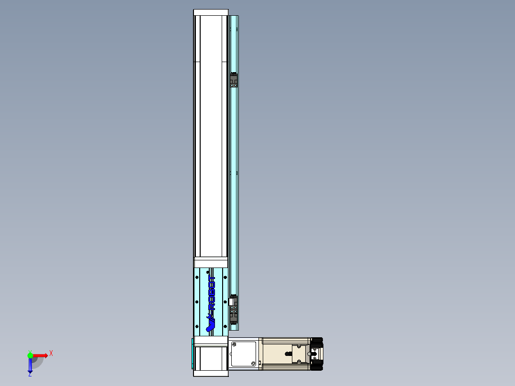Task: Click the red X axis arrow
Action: tap(40, 355)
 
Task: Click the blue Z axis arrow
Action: tap(30, 365)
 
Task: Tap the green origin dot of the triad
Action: tap(30, 355)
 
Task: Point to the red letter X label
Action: tap(51, 353)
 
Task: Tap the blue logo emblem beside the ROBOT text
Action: tap(210, 326)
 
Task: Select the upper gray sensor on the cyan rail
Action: tap(234, 80)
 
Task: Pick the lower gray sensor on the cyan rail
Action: tap(234, 312)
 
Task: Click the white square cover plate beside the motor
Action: tap(244, 354)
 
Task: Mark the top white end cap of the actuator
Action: tap(211, 12)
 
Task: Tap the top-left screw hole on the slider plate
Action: tap(197, 277)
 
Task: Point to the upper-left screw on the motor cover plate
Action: tap(234, 344)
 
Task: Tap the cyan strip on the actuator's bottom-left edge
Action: tap(193, 354)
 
